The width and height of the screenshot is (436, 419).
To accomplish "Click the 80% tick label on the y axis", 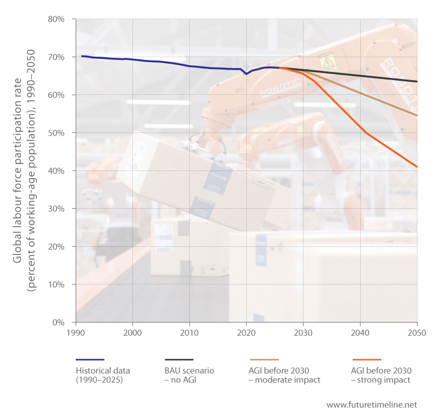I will coord(57,19).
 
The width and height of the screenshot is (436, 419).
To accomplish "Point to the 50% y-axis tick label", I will coord(57,133).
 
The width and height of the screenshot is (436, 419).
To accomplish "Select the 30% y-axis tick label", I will coord(57,209).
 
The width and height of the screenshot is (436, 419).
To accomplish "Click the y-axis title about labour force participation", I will coord(24,171).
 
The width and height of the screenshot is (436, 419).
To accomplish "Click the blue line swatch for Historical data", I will coord(89,360).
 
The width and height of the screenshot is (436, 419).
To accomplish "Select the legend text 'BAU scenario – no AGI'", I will coord(189,375).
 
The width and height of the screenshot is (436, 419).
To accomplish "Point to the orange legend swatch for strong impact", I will coord(366,360).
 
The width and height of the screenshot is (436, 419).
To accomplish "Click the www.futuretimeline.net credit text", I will coord(372,405).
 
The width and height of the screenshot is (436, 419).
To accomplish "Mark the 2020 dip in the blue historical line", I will coord(246,74).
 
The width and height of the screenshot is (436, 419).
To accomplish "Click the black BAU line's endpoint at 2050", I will coord(417,82).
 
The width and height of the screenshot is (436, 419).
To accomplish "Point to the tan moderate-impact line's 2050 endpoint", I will coord(417,116).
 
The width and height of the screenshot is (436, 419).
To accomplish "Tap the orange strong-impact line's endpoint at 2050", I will coord(417,166).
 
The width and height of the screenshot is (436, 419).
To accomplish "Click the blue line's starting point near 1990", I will coord(82,56).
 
